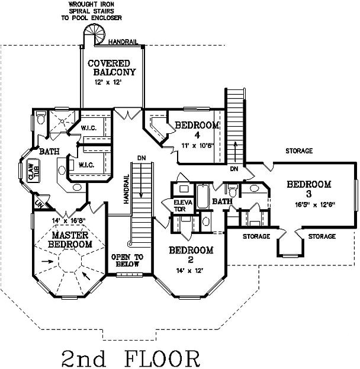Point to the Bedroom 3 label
coord(308,190)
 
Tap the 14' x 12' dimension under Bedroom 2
coord(189,270)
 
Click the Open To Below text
coord(127,261)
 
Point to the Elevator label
coord(180,205)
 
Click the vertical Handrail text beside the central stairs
coord(126,190)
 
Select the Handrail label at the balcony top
coord(125,41)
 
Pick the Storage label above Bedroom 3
coord(298,151)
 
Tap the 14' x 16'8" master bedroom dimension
coord(69,222)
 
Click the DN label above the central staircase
coord(140,159)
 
